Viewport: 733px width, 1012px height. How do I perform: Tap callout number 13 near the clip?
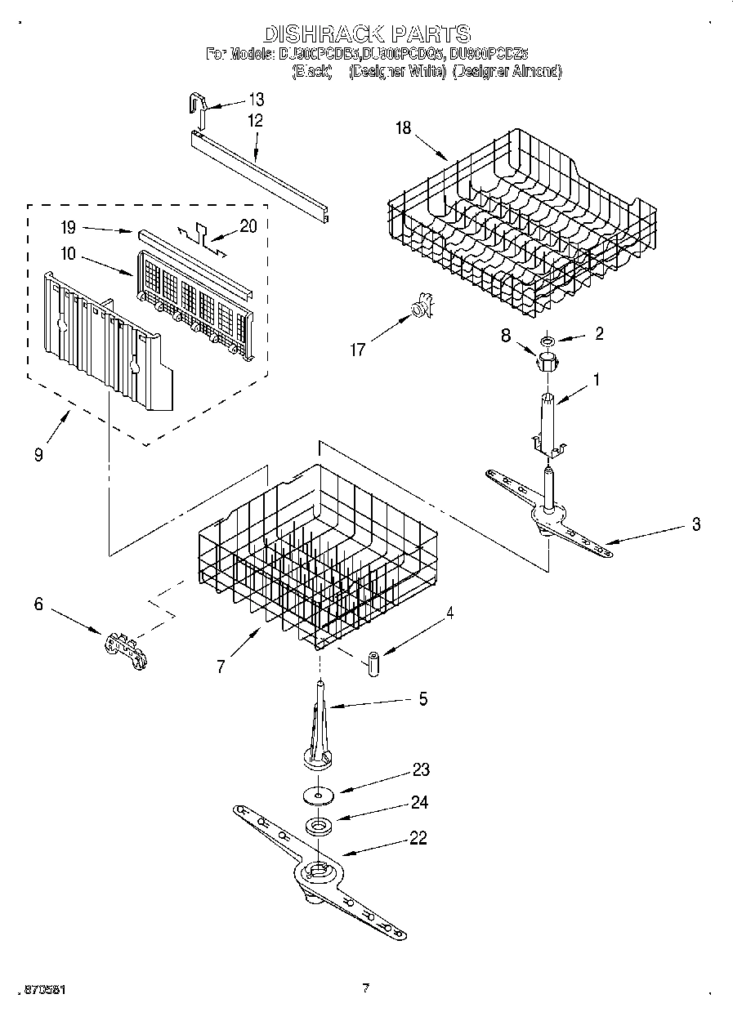256,100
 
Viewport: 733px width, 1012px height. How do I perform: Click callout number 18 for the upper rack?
404,127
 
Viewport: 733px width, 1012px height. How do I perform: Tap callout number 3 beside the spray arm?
696,524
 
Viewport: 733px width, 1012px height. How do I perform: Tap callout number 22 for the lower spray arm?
418,838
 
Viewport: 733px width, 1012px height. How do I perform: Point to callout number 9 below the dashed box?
38,454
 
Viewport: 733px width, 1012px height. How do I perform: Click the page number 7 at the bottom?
365,988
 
